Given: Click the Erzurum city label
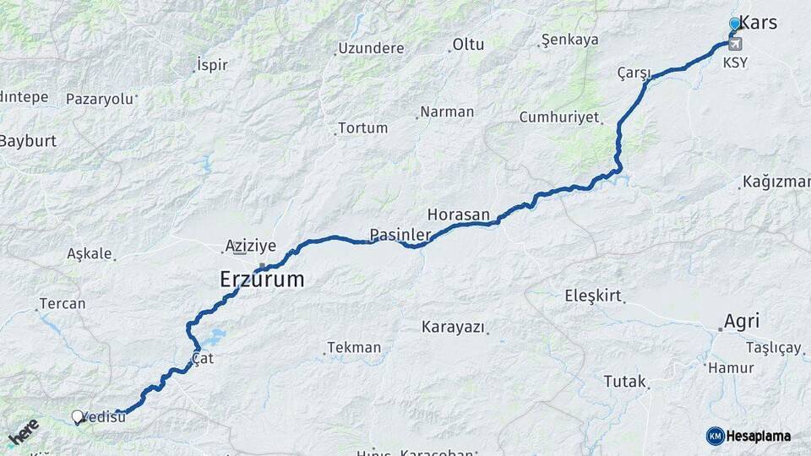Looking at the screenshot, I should (262, 280).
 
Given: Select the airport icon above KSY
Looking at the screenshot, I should (735, 44).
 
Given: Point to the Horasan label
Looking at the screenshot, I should (458, 215).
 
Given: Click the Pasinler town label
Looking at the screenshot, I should (400, 234).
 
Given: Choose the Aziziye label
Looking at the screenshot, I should (250, 246).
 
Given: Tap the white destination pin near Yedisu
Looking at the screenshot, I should (78, 416).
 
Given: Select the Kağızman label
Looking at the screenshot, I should (776, 182).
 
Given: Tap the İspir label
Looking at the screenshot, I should (212, 64).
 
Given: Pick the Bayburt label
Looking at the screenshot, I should (28, 140).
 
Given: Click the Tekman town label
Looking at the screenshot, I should (354, 347).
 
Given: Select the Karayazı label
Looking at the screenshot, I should (454, 326).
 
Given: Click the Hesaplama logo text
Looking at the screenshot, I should (759, 436).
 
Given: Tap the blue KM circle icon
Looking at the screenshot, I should (715, 436).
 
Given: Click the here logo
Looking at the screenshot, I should (23, 432).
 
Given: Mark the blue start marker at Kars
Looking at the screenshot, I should (734, 24).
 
